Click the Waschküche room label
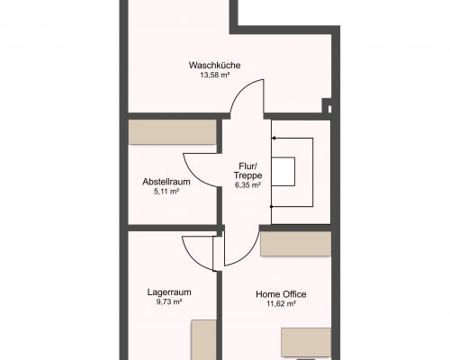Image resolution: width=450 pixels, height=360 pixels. [x=214, y=65]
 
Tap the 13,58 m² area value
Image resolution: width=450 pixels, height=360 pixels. [x=215, y=75]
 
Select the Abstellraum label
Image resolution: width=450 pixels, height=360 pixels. [x=166, y=182]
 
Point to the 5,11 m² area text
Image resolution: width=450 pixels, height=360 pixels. [x=166, y=191]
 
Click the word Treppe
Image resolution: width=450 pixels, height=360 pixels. [x=247, y=175]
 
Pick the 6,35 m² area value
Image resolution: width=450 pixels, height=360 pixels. [x=247, y=184]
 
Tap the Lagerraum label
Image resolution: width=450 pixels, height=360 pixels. [x=169, y=292]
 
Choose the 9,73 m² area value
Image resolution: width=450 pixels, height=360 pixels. [x=169, y=301]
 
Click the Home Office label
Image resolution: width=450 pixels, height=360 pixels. [x=281, y=294]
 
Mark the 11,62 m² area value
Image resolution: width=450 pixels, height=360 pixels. [x=282, y=303]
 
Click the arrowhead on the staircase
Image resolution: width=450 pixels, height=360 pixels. [x=274, y=139]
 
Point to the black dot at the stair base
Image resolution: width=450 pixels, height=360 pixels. [x=272, y=207]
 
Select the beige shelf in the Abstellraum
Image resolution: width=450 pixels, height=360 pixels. [x=173, y=132]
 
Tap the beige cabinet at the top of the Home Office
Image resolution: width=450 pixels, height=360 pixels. [x=296, y=244]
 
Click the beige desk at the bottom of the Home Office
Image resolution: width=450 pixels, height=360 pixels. [x=306, y=343]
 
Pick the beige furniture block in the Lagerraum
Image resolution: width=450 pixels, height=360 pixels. [x=204, y=340]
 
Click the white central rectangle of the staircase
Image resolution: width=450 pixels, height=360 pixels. [x=283, y=171]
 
